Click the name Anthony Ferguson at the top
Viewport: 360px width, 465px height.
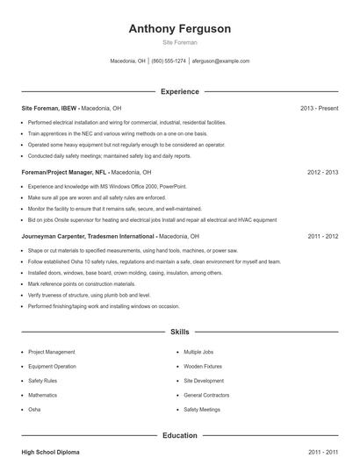[180, 29]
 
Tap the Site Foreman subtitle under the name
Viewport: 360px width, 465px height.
[180, 42]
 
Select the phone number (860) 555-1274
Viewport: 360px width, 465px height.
[169, 61]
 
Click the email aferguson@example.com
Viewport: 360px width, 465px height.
[220, 61]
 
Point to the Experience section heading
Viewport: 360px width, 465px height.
[180, 91]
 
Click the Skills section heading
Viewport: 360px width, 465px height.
[180, 333]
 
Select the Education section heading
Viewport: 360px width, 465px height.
[180, 435]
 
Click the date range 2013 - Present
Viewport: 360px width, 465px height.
[319, 108]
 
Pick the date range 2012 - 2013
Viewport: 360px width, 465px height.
[322, 173]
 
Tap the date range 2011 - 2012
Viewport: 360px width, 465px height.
[322, 237]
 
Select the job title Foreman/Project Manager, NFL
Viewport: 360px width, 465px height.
[64, 173]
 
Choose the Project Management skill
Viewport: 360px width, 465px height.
[52, 352]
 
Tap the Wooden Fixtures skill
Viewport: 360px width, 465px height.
[203, 366]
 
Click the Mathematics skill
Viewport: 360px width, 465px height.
[43, 395]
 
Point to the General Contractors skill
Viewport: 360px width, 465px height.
[206, 395]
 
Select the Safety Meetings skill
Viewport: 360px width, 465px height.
[202, 410]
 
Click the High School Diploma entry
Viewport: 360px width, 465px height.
[50, 452]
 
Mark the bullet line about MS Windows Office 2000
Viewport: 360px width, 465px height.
[106, 187]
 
